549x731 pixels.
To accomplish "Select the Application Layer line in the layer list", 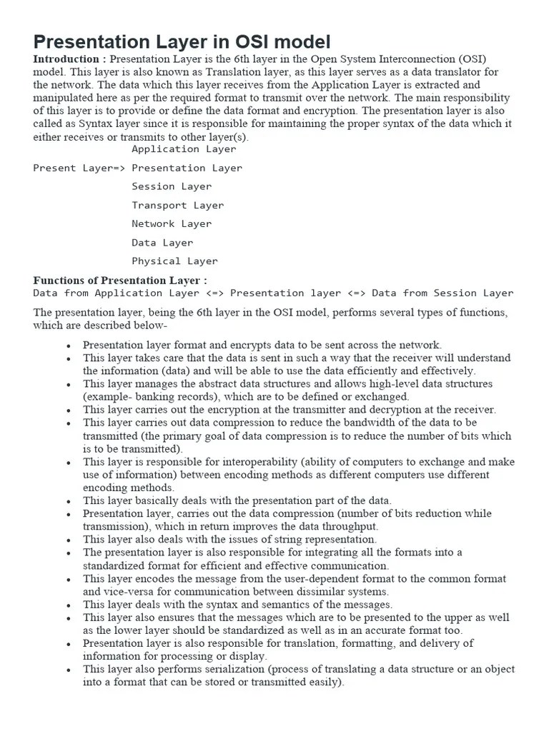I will point(184,149).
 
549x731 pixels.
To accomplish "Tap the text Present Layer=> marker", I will point(79,168).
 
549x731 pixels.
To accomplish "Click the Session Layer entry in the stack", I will point(172,186).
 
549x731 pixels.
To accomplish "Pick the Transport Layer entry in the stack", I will point(177,205).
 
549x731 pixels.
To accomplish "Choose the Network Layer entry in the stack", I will point(172,223).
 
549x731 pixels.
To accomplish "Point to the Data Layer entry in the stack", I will point(162,243).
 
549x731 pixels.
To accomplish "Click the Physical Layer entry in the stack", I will point(174,261).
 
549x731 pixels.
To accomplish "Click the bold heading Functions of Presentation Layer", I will point(120,281).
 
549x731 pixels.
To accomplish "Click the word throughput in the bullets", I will point(345,526).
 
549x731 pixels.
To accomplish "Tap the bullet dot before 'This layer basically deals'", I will point(68,502).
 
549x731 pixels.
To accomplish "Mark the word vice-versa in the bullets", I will point(132,591).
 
